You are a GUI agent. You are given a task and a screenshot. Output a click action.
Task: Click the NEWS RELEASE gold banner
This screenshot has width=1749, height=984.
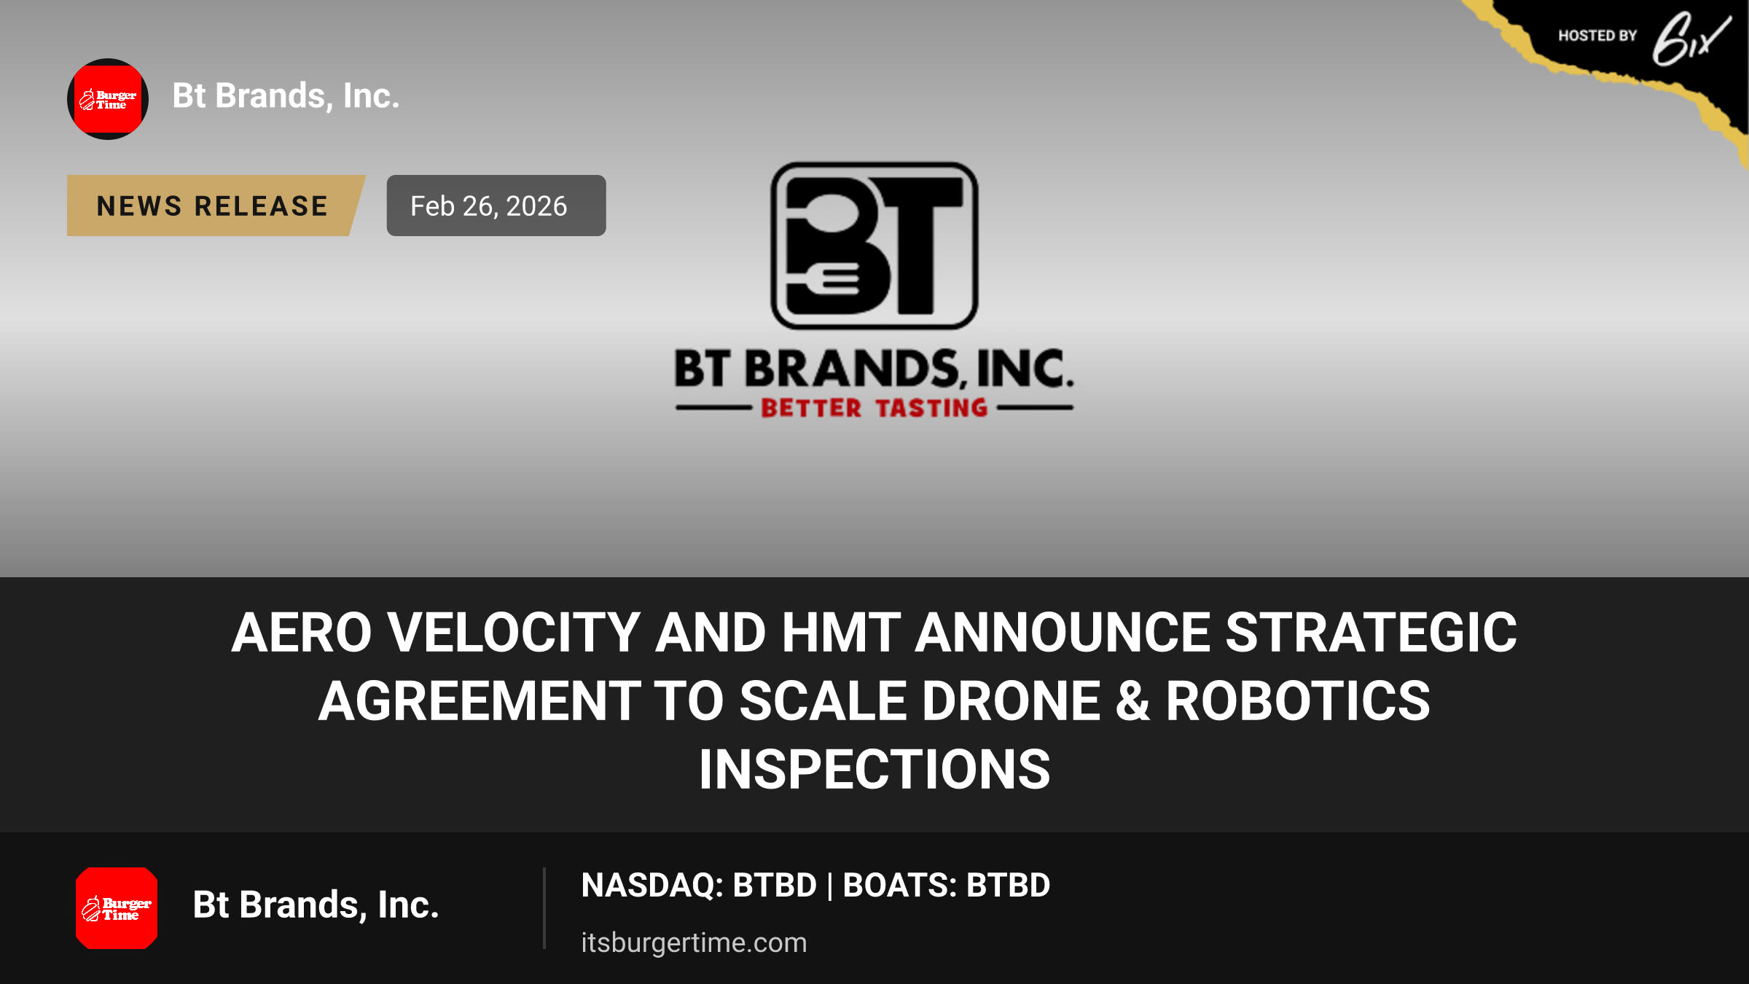pyautogui.click(x=215, y=206)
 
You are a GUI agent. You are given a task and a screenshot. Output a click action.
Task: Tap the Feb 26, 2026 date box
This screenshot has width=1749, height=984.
pyautogui.click(x=496, y=206)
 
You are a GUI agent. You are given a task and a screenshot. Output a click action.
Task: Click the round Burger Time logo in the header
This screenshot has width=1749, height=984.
pyautogui.click(x=108, y=99)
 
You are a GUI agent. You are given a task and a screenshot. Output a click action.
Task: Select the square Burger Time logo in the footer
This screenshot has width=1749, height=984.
pyautogui.click(x=117, y=908)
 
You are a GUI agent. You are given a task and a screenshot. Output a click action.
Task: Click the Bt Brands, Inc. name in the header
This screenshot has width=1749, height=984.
pyautogui.click(x=286, y=96)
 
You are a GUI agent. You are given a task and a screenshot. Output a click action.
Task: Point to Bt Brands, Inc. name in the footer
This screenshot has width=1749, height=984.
pyautogui.click(x=316, y=905)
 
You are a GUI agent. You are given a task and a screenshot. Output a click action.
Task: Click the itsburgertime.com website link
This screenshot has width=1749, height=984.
pyautogui.click(x=694, y=942)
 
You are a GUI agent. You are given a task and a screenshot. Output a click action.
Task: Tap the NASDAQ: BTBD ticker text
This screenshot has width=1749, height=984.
pyautogui.click(x=699, y=886)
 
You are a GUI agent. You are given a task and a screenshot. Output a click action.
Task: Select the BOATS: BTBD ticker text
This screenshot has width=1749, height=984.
pyautogui.click(x=946, y=886)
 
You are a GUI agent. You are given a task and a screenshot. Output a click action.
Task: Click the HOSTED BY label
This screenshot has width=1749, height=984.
pyautogui.click(x=1597, y=36)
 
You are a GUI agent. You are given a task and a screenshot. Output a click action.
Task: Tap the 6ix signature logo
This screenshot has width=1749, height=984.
pyautogui.click(x=1691, y=39)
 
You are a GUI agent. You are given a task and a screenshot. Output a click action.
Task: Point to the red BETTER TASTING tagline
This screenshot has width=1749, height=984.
pyautogui.click(x=874, y=408)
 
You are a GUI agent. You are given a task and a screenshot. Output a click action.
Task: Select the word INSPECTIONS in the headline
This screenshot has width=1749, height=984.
pyautogui.click(x=874, y=770)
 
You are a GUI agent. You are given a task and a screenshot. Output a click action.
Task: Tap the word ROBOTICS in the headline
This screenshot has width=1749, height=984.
pyautogui.click(x=1298, y=701)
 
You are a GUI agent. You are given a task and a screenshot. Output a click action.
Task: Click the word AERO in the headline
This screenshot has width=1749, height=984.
pyautogui.click(x=302, y=633)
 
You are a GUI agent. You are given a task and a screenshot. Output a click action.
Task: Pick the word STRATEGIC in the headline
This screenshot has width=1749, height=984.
pyautogui.click(x=1371, y=633)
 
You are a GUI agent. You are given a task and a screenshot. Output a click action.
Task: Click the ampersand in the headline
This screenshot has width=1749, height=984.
pyautogui.click(x=1133, y=701)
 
